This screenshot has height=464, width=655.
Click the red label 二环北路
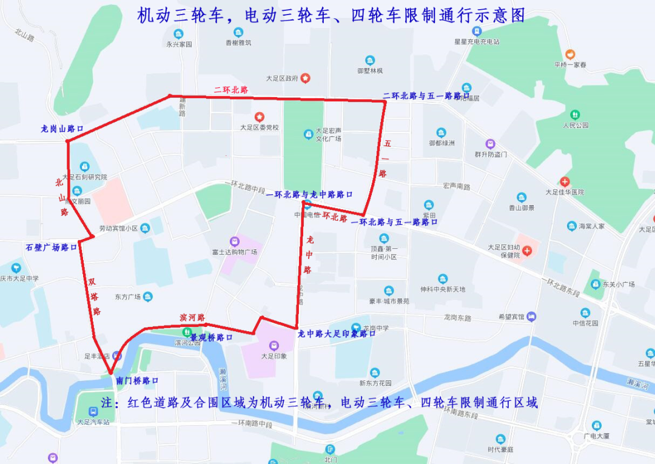point(231,89)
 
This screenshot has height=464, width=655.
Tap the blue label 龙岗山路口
point(62,129)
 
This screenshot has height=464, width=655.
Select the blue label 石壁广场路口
point(52,247)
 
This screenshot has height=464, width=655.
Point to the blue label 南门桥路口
point(137,381)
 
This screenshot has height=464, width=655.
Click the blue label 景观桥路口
point(212,337)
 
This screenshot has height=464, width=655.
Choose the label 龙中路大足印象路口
point(337,334)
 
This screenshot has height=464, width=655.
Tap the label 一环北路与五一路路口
point(394,222)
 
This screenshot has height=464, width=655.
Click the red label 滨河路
point(192,317)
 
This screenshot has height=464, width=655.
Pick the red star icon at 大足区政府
point(306,78)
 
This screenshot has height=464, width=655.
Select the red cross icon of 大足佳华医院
point(565,181)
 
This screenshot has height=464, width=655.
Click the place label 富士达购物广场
point(235,251)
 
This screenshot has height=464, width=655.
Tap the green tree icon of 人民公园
point(575,115)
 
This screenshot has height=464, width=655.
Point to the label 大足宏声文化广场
point(328,134)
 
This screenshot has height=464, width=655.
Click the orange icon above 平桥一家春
point(569,55)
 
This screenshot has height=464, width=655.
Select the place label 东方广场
point(128,297)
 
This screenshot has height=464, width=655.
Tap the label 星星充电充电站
point(477,42)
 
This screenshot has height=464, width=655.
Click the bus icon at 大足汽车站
point(93,411)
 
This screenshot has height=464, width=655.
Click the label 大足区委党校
point(259,127)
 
